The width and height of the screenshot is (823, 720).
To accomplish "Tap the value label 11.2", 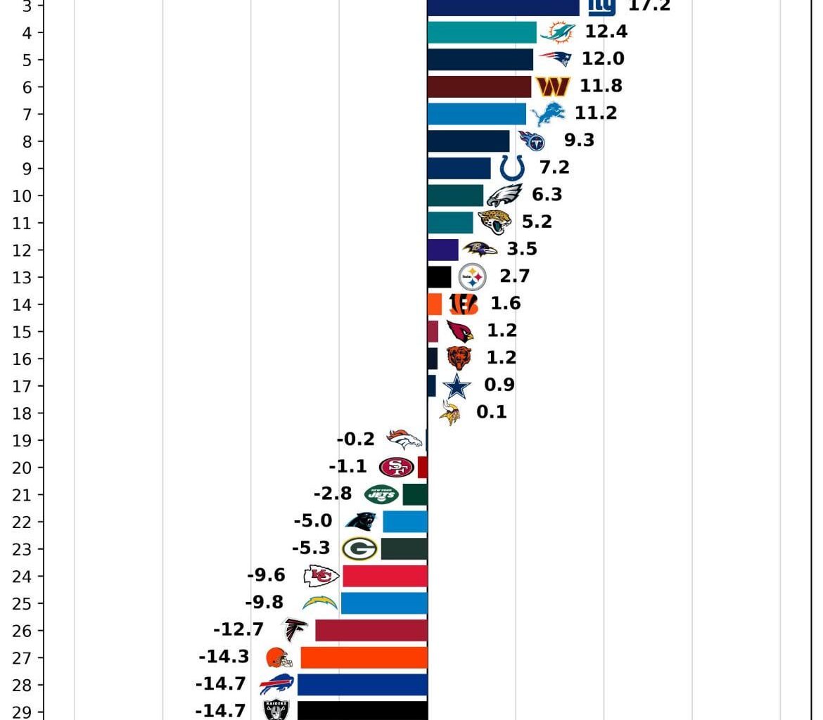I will (596, 113).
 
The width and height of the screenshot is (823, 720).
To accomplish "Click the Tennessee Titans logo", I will (532, 141).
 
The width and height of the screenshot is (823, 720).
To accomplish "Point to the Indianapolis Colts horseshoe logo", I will (512, 168).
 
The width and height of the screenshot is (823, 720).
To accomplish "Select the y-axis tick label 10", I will (22, 195).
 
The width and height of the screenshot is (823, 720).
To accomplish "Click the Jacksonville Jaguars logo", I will (495, 222).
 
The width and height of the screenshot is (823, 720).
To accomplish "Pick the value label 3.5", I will (522, 249).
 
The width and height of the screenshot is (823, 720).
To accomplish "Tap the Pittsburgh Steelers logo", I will (472, 277).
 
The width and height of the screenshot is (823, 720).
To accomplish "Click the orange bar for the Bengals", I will (435, 304).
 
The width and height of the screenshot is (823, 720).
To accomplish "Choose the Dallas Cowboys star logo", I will (457, 386).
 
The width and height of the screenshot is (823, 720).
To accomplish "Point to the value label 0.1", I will (492, 412).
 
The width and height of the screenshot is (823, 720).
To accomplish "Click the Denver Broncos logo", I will (404, 439).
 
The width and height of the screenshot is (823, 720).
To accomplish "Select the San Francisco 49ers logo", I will (396, 467).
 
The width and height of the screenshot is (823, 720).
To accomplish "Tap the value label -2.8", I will (333, 494).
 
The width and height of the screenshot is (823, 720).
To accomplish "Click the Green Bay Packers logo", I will (359, 548).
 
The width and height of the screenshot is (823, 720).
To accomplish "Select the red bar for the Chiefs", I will (385, 576).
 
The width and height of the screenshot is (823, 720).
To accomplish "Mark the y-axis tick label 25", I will (22, 603).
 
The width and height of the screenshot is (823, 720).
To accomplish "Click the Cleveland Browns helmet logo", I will (279, 657).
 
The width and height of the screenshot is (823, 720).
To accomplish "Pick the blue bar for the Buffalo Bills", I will (362, 685).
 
